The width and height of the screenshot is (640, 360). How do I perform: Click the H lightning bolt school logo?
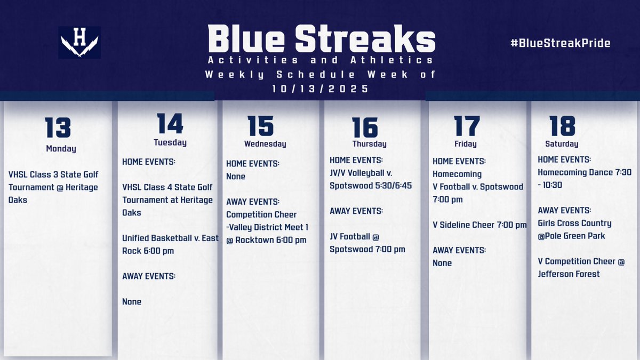coord(79,42)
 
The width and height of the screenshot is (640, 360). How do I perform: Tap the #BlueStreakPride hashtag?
coord(560,43)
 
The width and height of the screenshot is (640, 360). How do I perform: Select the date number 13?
coord(58,127)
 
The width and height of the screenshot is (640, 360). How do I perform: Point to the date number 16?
coord(365,127)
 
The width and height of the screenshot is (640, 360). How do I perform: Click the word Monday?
coord(61,149)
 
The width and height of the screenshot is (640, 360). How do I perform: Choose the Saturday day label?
coord(562,144)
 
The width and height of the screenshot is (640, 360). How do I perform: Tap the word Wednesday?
coord(265,144)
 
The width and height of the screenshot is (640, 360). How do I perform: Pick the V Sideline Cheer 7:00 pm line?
coord(479,225)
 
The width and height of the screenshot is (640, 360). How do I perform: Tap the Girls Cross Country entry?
coord(574,223)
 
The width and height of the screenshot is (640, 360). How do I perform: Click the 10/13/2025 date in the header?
coord(321,89)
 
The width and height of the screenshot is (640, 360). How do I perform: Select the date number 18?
coord(562,125)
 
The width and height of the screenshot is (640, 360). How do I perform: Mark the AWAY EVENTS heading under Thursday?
coord(356,211)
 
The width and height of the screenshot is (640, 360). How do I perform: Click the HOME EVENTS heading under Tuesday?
coord(149,162)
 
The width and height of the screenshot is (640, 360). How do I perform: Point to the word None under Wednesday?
coord(236,176)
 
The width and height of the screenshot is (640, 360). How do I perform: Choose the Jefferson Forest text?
coord(569,274)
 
